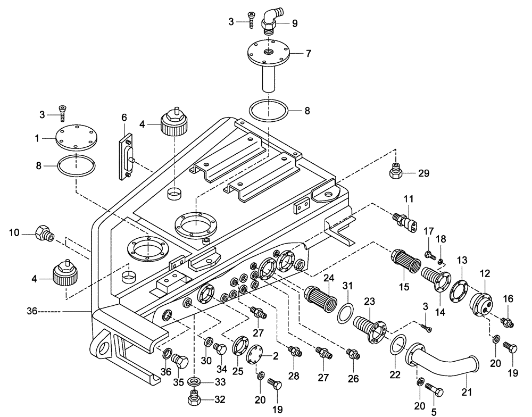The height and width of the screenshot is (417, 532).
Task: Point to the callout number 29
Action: (423, 173)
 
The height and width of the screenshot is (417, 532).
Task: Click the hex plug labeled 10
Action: (42, 232)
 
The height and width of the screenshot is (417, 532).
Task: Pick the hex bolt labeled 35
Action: (180, 364)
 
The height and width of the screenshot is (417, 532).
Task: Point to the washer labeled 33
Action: (196, 381)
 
